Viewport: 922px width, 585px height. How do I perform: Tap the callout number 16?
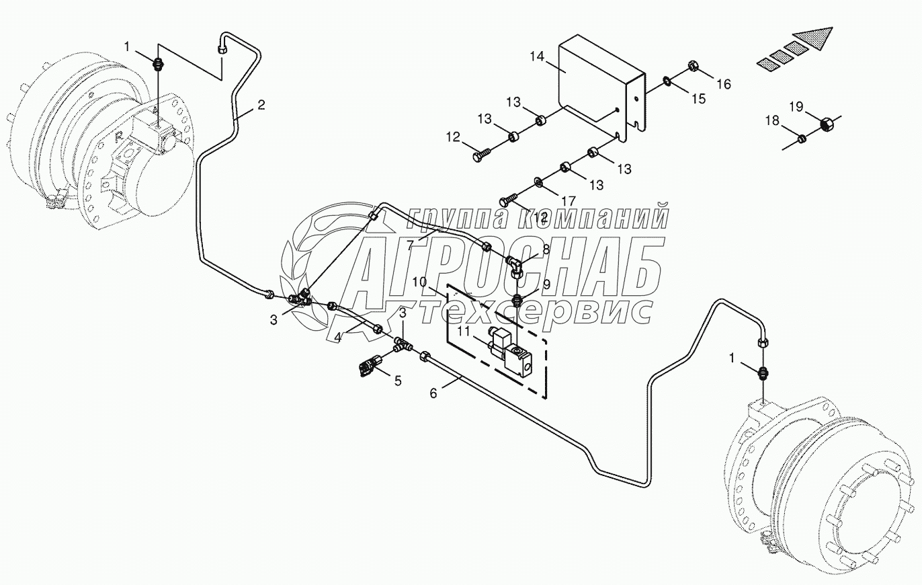click(722, 84)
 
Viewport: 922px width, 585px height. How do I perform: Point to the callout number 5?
click(398, 381)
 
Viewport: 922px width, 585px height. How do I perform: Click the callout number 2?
click(261, 105)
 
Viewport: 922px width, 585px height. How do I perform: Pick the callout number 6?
click(433, 393)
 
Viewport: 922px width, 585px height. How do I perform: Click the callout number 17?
click(569, 200)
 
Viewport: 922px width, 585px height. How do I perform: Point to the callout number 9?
click(546, 284)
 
